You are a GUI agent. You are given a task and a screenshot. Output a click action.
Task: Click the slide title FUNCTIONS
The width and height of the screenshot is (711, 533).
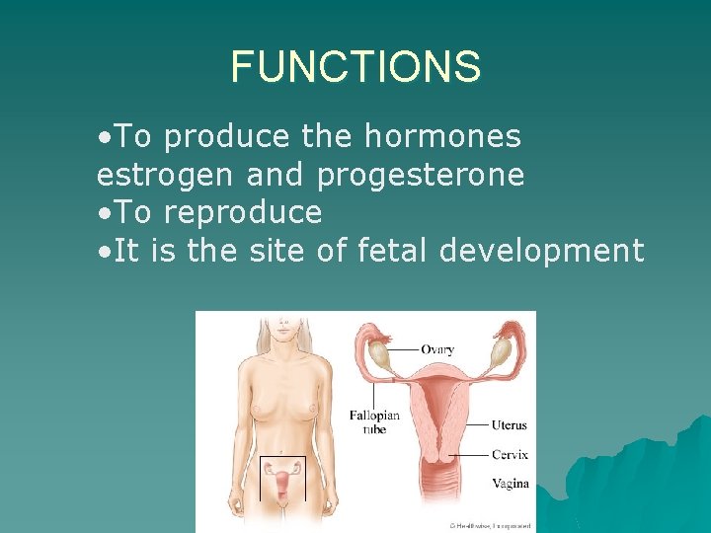pyautogui.click(x=355, y=67)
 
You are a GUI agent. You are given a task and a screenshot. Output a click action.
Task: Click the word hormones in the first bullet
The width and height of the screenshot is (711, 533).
pyautogui.click(x=442, y=137)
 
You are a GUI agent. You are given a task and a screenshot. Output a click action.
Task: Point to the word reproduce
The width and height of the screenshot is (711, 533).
pyautogui.click(x=243, y=212)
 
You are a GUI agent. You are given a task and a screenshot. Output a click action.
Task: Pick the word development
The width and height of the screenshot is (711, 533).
pyautogui.click(x=542, y=250)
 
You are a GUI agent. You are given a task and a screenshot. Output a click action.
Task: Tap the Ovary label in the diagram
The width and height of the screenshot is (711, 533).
pyautogui.click(x=437, y=349)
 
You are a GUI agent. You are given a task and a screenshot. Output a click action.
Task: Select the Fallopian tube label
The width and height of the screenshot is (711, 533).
pyautogui.click(x=374, y=421)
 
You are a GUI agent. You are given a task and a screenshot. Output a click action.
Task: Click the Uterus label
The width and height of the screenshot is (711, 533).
pyautogui.click(x=510, y=425)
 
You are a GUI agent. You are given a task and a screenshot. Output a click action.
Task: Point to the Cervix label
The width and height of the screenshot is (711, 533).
pyautogui.click(x=510, y=455)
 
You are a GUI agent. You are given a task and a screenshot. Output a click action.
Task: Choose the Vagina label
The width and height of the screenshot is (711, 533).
pyautogui.click(x=511, y=484)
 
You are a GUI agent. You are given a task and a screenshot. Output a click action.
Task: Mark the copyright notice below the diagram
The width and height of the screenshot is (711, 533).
pyautogui.click(x=492, y=527)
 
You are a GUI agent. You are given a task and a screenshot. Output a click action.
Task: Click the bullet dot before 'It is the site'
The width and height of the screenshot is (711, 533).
pyautogui.click(x=105, y=251)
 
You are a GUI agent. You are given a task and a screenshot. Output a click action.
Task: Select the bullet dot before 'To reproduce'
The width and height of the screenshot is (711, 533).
pyautogui.click(x=105, y=213)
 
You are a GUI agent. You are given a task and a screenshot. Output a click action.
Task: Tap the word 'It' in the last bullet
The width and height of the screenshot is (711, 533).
pyautogui.click(x=125, y=250)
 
